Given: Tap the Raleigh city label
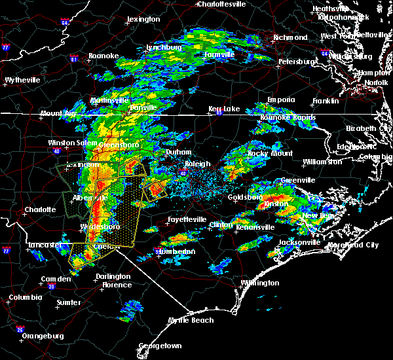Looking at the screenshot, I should tap(196, 164).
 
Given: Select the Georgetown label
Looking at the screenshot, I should tap(159, 345).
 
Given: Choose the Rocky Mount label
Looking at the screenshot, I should tap(270, 153).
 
